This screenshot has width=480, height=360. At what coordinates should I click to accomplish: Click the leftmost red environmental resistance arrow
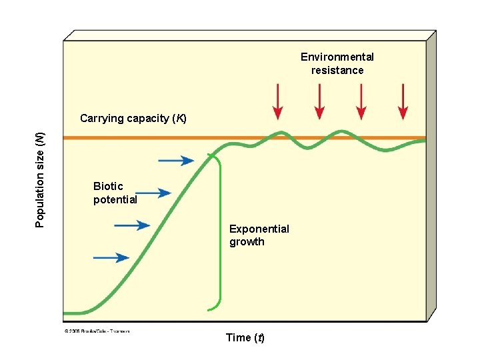tap(278, 103)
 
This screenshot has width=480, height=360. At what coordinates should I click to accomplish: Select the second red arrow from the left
tap(319, 103)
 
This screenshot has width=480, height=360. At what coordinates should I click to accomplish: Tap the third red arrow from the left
tap(361, 103)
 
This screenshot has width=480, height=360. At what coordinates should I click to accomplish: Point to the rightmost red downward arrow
tap(402, 103)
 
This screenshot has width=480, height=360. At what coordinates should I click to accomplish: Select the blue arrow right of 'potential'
tap(154, 193)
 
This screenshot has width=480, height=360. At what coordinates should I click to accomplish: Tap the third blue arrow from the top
tap(132, 225)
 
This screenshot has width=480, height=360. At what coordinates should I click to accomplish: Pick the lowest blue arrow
tap(111, 257)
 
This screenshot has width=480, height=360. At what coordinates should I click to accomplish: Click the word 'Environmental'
tap(337, 57)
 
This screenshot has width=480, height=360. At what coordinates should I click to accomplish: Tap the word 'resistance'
tap(337, 71)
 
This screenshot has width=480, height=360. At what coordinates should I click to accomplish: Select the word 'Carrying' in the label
tap(102, 119)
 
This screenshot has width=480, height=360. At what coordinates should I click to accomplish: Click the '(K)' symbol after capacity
tap(179, 119)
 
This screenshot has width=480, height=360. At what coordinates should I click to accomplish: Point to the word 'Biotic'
tap(108, 187)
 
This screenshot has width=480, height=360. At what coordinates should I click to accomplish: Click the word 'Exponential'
tap(259, 229)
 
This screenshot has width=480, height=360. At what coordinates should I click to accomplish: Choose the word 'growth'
tap(247, 242)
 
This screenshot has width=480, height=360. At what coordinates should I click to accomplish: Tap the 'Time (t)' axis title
tap(245, 337)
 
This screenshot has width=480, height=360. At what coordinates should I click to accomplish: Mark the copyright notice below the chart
tap(97, 330)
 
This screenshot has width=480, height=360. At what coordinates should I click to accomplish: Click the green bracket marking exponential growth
tap(219, 233)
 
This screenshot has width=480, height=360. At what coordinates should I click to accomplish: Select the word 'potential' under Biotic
tap(115, 199)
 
